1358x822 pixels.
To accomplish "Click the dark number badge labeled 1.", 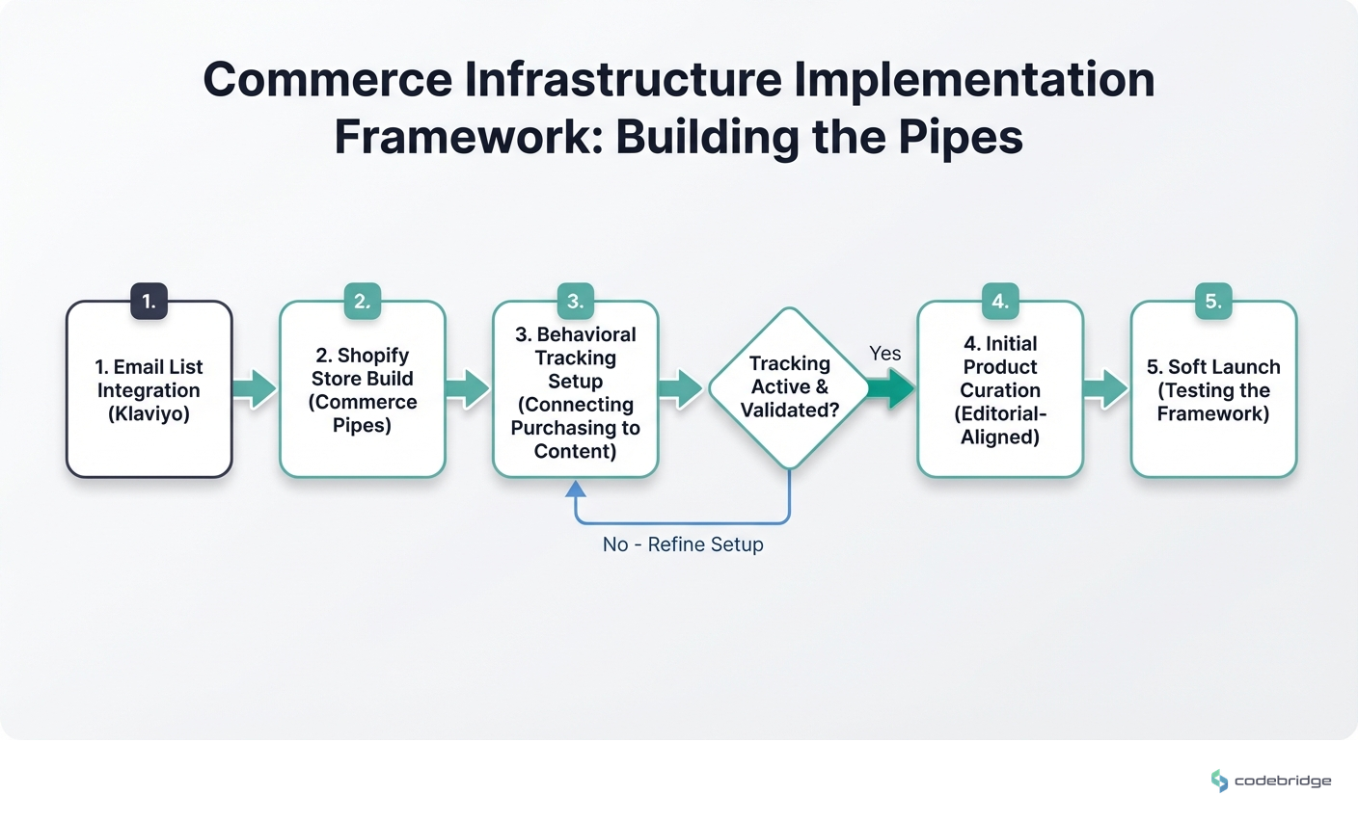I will (149, 301).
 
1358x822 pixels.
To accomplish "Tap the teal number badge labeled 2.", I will (362, 301).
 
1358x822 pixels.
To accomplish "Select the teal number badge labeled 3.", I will (575, 301).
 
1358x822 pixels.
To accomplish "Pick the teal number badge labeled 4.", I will (1000, 301).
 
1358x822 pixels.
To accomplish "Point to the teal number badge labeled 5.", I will (1213, 301).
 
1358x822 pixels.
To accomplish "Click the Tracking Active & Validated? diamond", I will (789, 387).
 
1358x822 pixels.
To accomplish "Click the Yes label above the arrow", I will (884, 354).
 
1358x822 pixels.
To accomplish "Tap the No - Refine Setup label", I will (683, 544).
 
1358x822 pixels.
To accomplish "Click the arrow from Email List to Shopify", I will (256, 388).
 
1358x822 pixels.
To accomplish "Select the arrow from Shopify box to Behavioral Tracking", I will (469, 388).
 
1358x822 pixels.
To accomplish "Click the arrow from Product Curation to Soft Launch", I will (1106, 388).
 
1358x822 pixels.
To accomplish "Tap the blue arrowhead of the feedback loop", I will (576, 490).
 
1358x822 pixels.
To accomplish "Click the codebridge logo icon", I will (1219, 781).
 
